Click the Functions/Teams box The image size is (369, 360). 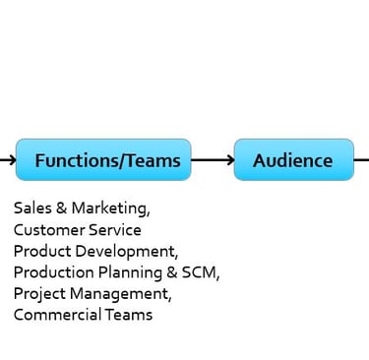pyautogui.click(x=103, y=159)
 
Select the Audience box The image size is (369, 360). pyautogui.click(x=294, y=159)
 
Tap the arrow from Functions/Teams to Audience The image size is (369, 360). pyautogui.click(x=213, y=160)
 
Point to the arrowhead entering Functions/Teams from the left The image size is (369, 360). pyautogui.click(x=12, y=160)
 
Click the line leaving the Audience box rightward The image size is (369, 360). pyautogui.click(x=361, y=160)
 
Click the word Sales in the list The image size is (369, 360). pyautogui.click(x=32, y=208)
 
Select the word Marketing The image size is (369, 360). pyautogui.click(x=110, y=209)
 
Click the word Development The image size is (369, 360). pyautogui.click(x=127, y=252)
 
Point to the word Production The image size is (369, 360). pyautogui.click(x=54, y=272)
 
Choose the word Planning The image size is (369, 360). pyautogui.click(x=130, y=273)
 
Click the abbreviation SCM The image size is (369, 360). pyautogui.click(x=201, y=272)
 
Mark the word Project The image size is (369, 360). pyautogui.click(x=39, y=294)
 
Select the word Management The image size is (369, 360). pyautogui.click(x=121, y=294)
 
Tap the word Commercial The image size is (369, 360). pyautogui.click(x=57, y=315)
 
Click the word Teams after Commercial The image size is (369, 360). pyautogui.click(x=129, y=315)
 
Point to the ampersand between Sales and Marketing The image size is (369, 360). pyautogui.click(x=61, y=208)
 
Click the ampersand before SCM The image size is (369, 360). pyautogui.click(x=172, y=272)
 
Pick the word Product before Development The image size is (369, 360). pyautogui.click(x=42, y=251)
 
